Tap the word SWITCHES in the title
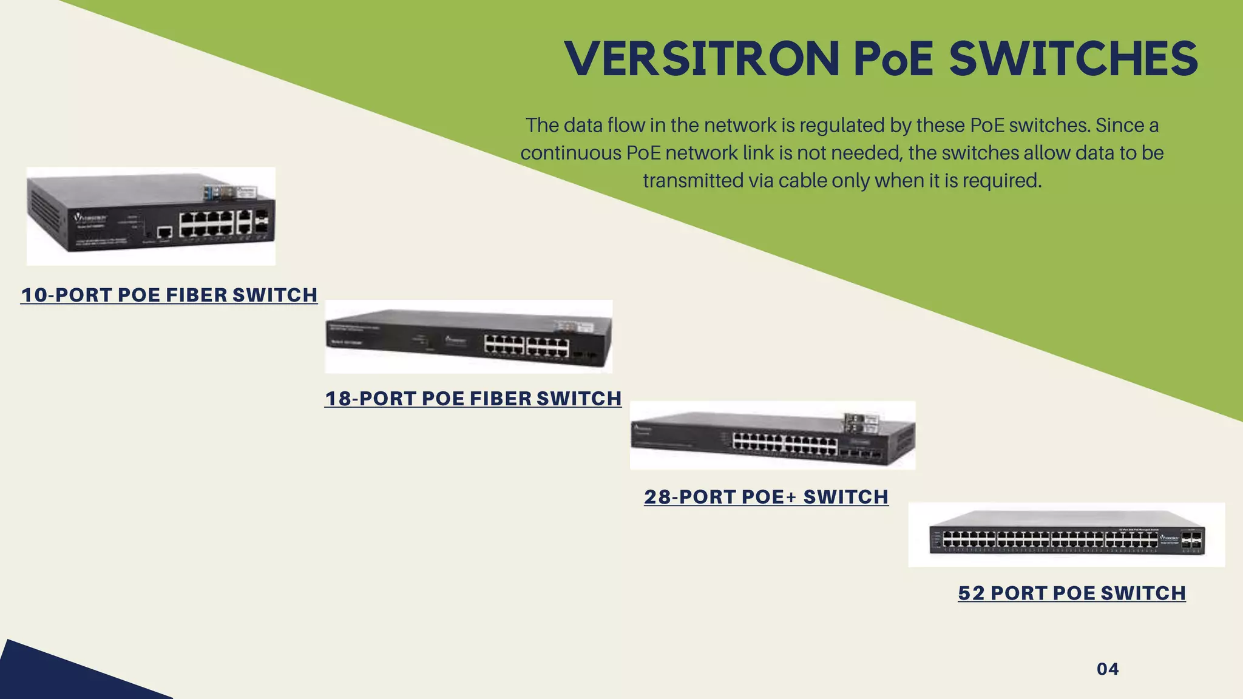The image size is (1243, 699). pos(1073,59)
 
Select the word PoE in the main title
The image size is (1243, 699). pos(893,59)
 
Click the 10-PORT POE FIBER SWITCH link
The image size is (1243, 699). pos(169,295)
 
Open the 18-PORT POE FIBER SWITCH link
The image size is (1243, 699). pos(473,399)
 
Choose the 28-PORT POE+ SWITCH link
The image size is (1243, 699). pos(767,497)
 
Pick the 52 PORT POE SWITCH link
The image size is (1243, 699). pos(1072,593)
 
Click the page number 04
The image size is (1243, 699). pos(1108,669)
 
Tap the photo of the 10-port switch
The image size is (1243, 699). pos(151,217)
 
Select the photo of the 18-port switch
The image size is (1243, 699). pos(469,337)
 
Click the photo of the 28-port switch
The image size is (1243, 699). pos(773,436)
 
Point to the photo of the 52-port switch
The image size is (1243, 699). pos(1066,535)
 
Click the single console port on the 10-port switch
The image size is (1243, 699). pos(164,232)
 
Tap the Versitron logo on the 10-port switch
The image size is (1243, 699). pos(90,217)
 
